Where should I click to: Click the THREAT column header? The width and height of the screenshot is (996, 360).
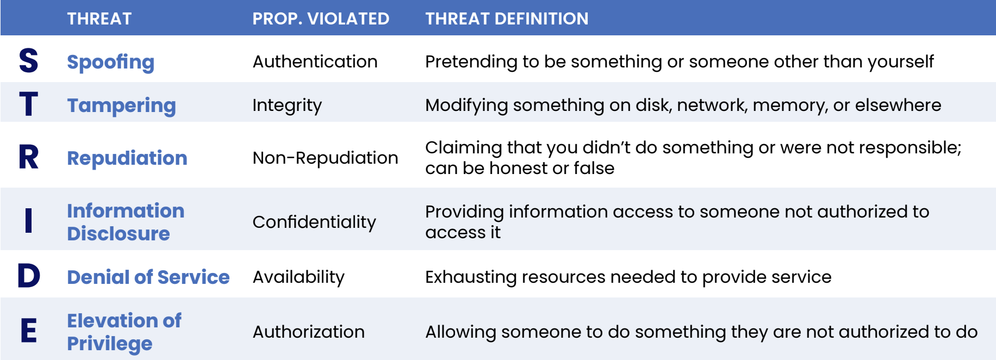pos(99,18)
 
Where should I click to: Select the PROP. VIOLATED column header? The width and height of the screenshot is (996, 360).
pos(321,18)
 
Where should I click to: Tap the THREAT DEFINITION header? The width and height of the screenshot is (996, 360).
pos(507,18)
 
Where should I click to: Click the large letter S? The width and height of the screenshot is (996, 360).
pos(29,60)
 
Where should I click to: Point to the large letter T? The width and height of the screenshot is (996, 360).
pos(29,104)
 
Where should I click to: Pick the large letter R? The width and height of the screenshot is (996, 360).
pos(29,157)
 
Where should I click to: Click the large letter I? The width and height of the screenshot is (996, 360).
pos(29,221)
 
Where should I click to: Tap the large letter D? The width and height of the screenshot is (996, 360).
pos(29,276)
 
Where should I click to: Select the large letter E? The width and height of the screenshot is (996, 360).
pos(29,331)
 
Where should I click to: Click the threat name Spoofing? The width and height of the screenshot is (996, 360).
pos(110,62)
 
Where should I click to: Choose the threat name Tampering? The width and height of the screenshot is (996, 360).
pos(121,105)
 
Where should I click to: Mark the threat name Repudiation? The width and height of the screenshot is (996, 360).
pos(127,158)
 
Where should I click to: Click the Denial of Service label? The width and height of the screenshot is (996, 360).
pos(148,277)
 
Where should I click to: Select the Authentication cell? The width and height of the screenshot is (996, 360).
pos(315,61)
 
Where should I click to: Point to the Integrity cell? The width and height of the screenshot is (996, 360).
pos(287,105)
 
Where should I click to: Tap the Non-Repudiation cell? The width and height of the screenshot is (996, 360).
pos(325,158)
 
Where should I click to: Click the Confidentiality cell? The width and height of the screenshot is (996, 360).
pos(314,222)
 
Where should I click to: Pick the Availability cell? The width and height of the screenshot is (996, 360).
pos(298,277)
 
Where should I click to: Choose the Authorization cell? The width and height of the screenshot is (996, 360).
pos(308,332)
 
